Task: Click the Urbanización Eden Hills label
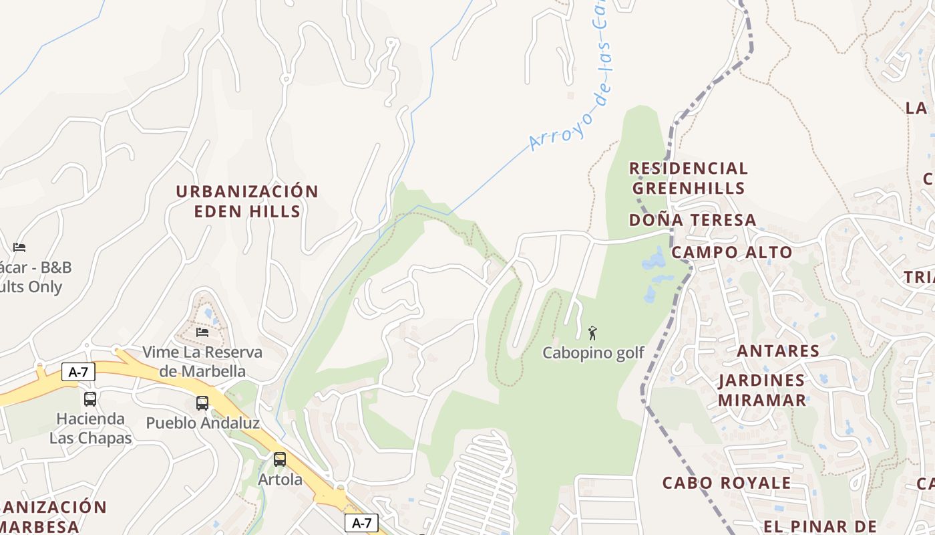247,201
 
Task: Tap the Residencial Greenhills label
689,178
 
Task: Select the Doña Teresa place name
693,220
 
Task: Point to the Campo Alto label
731,252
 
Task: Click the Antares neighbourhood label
778,350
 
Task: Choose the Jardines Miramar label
762,390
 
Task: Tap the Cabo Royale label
727,482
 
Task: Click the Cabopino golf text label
593,352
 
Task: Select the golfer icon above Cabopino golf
592,332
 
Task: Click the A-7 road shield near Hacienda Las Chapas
79,372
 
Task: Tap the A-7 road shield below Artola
361,523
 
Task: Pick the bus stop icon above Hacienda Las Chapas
90,399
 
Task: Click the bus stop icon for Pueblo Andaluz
202,403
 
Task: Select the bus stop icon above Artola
280,459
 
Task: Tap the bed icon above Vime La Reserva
202,332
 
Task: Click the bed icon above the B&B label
19,247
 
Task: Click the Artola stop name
280,479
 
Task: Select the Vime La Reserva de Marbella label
202,361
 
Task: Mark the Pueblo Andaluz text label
202,423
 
